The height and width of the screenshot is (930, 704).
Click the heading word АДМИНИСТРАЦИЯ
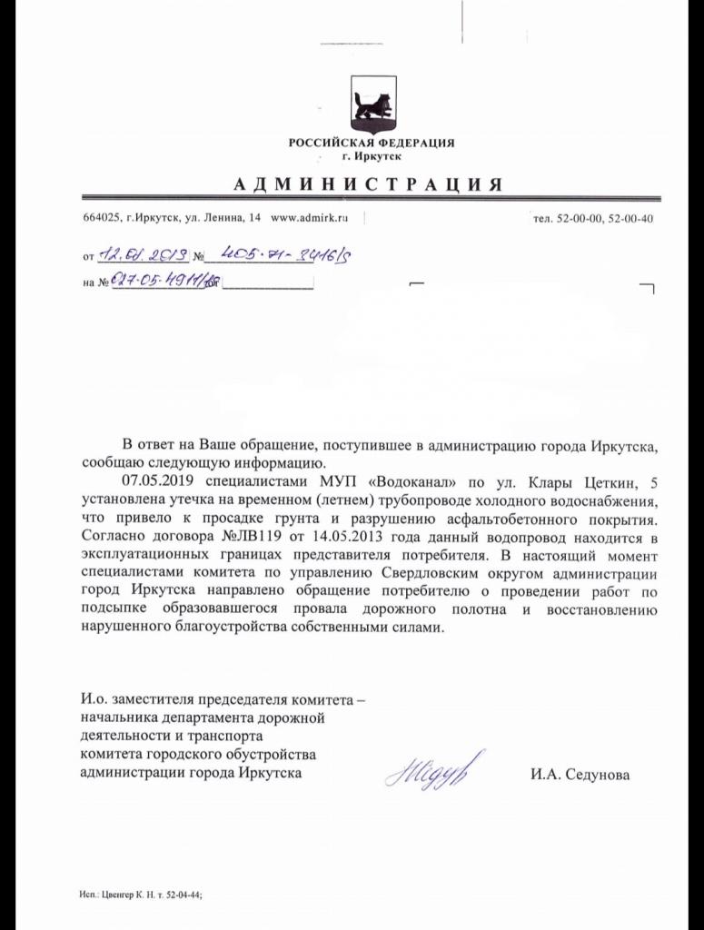point(368,184)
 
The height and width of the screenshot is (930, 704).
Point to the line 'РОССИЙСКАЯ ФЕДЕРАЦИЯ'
point(371,143)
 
